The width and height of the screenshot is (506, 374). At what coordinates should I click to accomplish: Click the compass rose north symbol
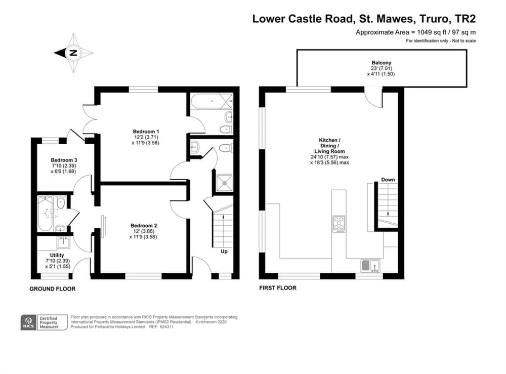73,53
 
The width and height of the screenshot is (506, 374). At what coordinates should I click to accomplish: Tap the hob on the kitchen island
339,223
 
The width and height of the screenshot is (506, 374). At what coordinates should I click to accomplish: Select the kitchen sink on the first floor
370,265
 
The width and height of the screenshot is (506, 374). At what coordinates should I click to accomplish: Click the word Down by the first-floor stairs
388,180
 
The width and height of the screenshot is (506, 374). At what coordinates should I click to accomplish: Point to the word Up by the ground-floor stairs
223,251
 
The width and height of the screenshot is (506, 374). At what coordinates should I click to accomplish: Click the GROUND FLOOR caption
52,289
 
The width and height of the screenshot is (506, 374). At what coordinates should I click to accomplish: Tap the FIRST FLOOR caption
278,288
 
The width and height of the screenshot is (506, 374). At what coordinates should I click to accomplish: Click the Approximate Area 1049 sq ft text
415,32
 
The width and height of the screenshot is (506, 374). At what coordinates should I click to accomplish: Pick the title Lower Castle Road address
364,19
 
